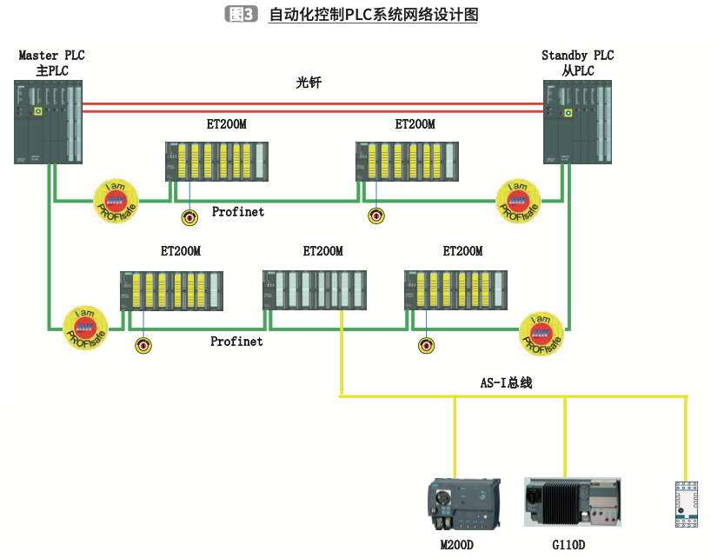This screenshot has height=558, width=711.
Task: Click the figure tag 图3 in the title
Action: point(241,15)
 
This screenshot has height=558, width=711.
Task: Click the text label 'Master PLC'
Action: point(51,56)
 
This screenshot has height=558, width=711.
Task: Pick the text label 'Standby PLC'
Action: point(577,56)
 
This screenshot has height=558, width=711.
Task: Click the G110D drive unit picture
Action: point(572,502)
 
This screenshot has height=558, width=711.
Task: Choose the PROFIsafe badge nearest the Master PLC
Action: point(116,202)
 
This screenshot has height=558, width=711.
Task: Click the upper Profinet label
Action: point(237,211)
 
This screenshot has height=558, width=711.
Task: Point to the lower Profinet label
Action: point(236,342)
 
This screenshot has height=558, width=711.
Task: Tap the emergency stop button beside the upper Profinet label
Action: point(188,217)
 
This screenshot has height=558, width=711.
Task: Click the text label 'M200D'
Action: point(457,545)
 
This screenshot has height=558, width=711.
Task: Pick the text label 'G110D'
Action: point(568,545)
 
